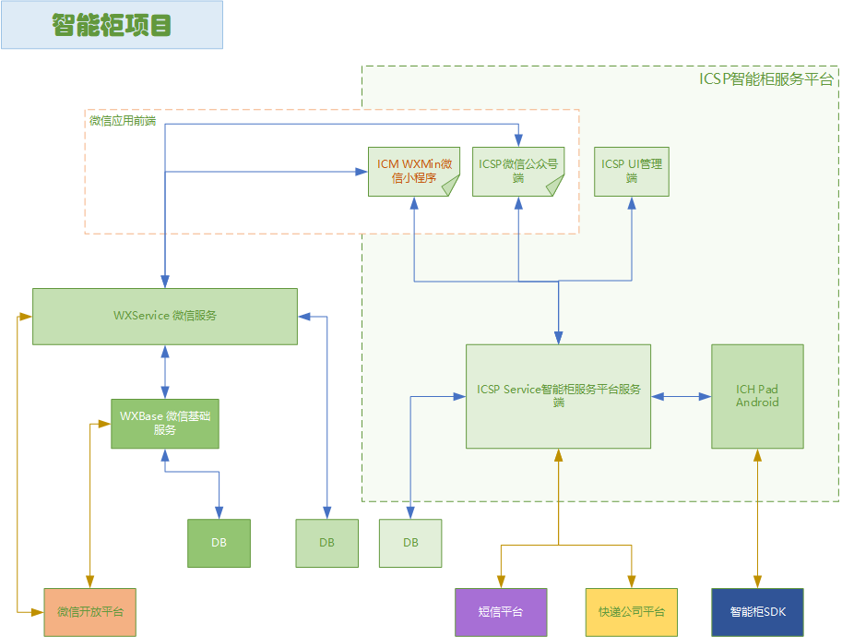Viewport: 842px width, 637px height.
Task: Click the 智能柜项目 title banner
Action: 112,25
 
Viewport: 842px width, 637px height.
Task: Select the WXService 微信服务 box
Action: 165,316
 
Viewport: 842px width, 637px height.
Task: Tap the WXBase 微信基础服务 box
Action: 165,424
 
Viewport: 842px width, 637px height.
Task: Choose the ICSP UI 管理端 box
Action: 632,171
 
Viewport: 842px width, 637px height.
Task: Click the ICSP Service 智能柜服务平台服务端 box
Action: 558,396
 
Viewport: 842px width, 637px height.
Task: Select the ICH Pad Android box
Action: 757,396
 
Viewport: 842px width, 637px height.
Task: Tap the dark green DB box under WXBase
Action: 219,543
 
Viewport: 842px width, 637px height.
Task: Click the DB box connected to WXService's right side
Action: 326,543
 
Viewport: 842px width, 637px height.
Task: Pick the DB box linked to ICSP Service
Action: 410,543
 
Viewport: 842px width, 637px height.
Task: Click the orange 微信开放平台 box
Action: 89,612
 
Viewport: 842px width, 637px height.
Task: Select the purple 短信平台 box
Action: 501,612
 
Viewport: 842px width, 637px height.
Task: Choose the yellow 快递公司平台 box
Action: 631,612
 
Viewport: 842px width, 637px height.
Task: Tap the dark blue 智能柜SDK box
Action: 758,612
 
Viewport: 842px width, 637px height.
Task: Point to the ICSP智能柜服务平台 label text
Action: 766,79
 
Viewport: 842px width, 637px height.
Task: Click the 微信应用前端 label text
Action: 123,121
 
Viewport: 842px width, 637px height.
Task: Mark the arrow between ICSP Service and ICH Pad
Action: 681,396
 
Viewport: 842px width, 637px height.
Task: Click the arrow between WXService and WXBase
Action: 165,372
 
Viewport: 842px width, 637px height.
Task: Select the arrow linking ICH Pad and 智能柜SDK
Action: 758,518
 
